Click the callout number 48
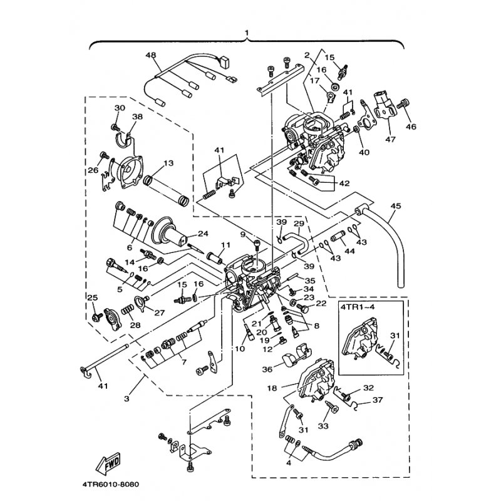pyautogui.click(x=150, y=54)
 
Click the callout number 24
pyautogui.click(x=202, y=234)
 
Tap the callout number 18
pyautogui.click(x=271, y=388)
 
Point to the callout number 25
pyautogui.click(x=92, y=297)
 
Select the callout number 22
pyautogui.click(x=321, y=304)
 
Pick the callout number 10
pyautogui.click(x=239, y=348)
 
